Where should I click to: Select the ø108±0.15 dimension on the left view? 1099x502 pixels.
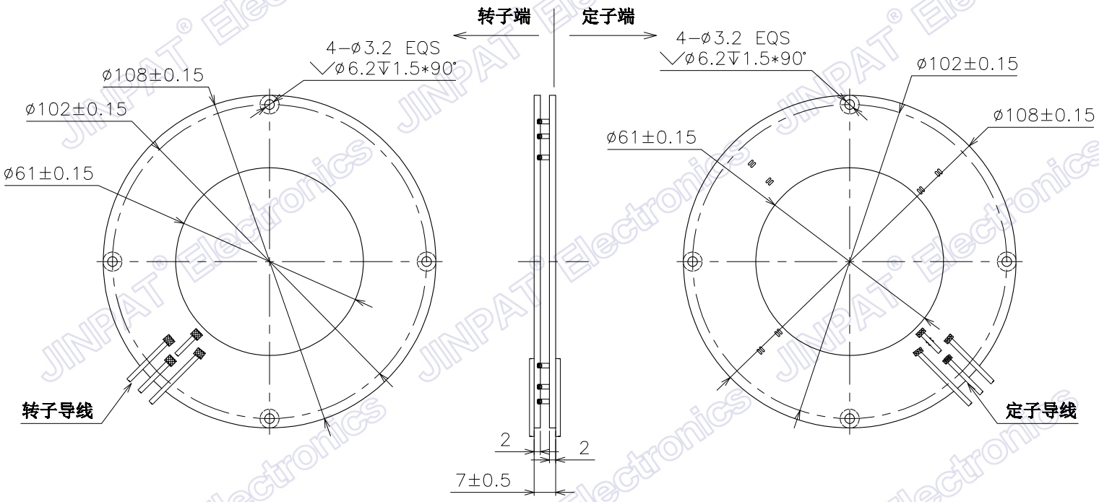pos(153,75)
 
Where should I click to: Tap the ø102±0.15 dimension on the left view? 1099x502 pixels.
pos(76,109)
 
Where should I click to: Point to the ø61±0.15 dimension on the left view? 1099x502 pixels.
pos(48,173)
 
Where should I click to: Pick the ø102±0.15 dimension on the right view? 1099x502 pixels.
pos(966,64)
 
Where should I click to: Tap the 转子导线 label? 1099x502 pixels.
pos(57,412)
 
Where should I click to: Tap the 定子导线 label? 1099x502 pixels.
pos(1040,412)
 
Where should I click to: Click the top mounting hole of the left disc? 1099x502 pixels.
pos(270,105)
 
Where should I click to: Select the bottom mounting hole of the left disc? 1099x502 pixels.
pos(270,417)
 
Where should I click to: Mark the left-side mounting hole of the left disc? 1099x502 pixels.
pos(112,261)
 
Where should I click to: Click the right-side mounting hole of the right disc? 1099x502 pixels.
pos(1007,261)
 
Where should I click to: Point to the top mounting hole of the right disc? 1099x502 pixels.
pos(850,104)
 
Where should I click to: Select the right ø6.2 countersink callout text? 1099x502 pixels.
pos(733,59)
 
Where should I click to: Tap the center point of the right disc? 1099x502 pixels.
pos(850,261)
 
